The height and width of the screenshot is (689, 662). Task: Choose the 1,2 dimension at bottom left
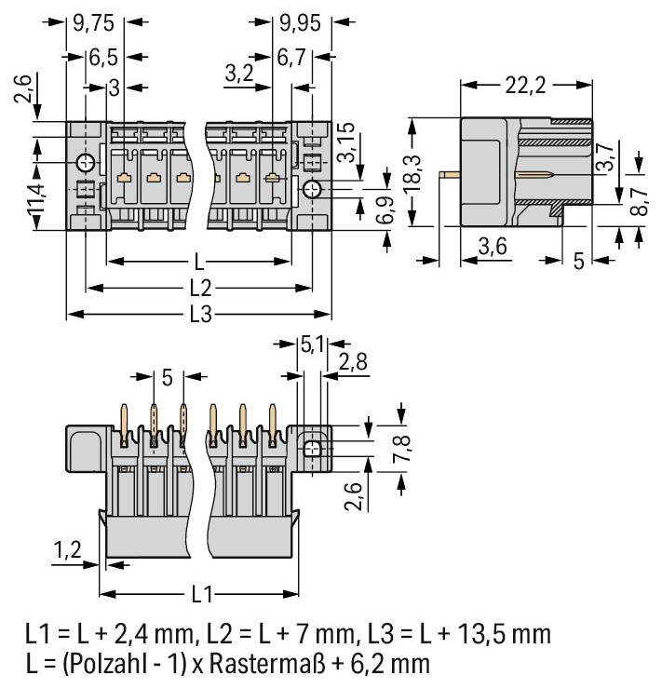pos(66,552)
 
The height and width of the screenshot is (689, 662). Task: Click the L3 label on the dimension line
pos(200,315)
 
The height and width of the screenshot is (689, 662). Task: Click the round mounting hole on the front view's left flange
pos(85,164)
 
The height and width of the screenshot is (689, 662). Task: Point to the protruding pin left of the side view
pos(451,174)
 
